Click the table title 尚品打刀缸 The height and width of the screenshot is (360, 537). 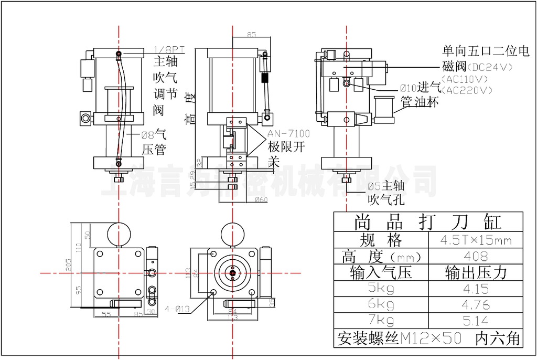428,221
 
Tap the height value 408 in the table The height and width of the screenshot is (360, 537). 476,257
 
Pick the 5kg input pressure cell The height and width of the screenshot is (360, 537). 381,288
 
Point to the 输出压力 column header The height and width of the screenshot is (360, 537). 476,272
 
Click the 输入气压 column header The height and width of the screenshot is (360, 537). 381,272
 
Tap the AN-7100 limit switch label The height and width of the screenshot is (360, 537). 288,134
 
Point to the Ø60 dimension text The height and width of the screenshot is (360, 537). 261,199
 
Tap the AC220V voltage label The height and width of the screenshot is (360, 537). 467,90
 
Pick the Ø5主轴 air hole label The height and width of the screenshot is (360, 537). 385,186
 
